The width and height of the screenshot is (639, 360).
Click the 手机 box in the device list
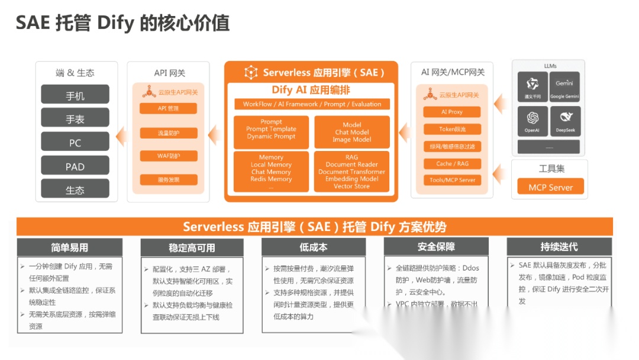[x=75, y=95]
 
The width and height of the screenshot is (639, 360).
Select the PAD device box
[x=75, y=166]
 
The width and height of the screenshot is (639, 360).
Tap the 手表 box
[x=75, y=118]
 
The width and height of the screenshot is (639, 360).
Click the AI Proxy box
[x=452, y=112]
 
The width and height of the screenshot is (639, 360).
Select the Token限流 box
[x=452, y=129]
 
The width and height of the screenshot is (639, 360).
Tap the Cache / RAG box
[x=452, y=163]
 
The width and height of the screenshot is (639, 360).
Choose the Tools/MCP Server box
[x=452, y=180]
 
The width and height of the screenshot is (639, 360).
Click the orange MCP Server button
[x=550, y=187]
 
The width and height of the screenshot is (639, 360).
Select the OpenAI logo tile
[x=532, y=121]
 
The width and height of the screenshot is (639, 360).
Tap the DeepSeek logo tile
[x=564, y=121]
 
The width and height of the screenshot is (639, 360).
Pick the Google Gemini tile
[x=564, y=87]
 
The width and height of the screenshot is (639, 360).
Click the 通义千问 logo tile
[x=532, y=87]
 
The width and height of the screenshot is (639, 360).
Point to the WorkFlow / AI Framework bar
[x=312, y=104]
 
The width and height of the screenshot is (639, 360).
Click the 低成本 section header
[x=313, y=247]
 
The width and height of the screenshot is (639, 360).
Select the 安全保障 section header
[x=436, y=247]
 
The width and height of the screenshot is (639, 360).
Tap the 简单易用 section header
[x=70, y=247]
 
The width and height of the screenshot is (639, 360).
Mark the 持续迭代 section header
[x=559, y=247]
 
